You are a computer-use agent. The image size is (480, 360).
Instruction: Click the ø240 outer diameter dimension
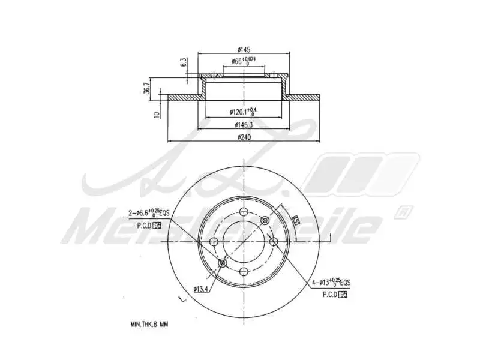tap(244, 137)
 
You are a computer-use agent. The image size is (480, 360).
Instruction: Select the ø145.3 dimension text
tap(244, 125)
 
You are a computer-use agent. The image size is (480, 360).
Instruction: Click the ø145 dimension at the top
tap(244, 49)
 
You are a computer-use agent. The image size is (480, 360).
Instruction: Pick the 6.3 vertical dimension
tap(183, 62)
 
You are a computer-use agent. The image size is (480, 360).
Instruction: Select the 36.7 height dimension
tap(146, 89)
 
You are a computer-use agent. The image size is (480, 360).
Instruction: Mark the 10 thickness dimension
tap(157, 115)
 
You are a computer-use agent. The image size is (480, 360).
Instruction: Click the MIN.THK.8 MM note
tap(149, 324)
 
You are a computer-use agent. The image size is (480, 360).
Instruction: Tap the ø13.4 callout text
tap(201, 289)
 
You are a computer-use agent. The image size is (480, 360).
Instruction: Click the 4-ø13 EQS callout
tap(331, 282)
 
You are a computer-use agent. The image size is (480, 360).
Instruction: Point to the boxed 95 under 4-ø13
tap(343, 294)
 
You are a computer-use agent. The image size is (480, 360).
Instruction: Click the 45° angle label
tap(295, 220)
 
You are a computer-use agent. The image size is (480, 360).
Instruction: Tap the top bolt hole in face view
tap(244, 212)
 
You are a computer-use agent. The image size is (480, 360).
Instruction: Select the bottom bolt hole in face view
tap(244, 271)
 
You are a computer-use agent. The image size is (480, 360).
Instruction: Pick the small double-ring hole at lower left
tap(223, 263)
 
